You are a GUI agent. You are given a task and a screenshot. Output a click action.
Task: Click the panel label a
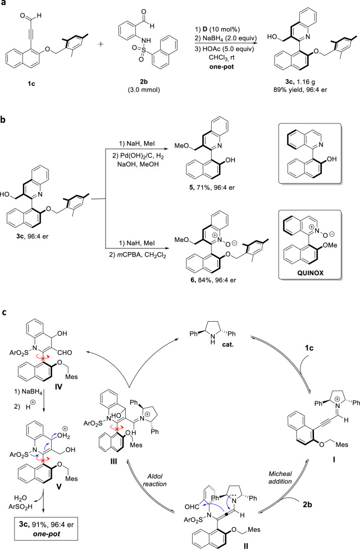(x=5, y=5)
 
